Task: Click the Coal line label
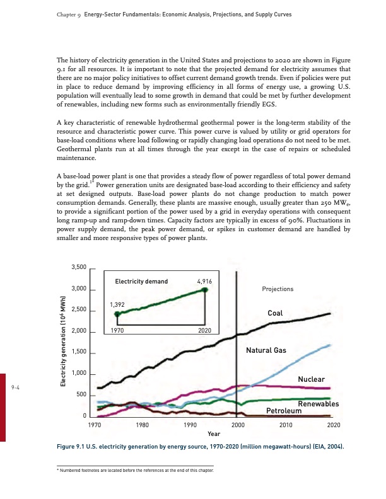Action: point(276,313)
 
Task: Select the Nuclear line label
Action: point(311,379)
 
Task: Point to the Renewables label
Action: point(319,404)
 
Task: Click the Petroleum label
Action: point(284,411)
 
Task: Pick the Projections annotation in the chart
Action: point(278,289)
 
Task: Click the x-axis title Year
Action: point(214,434)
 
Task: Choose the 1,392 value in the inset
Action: point(117,304)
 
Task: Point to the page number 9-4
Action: point(16,387)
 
